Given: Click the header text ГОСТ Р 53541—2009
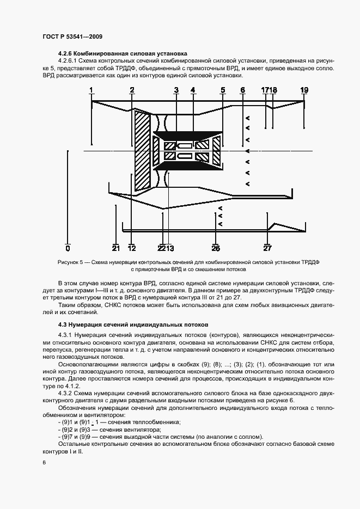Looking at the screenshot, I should coord(72,36).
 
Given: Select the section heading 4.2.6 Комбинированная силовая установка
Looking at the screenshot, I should coord(123,54).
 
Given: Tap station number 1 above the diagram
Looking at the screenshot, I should coord(91,90).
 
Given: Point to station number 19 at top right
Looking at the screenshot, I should coord(304,90).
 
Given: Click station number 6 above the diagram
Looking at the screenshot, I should coord(242,90).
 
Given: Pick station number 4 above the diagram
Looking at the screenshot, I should coord(192,90).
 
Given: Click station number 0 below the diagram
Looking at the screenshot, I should coord(68,248).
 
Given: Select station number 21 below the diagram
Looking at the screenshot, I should coord(115,248).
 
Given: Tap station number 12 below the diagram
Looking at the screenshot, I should coord(131,248).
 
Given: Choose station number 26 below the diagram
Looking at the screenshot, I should coord(216,248).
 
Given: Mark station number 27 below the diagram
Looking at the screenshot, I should coord(267,248).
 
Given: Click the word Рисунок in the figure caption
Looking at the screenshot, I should coord(69,262).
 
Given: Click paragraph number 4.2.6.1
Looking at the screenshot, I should coord(69,62).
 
